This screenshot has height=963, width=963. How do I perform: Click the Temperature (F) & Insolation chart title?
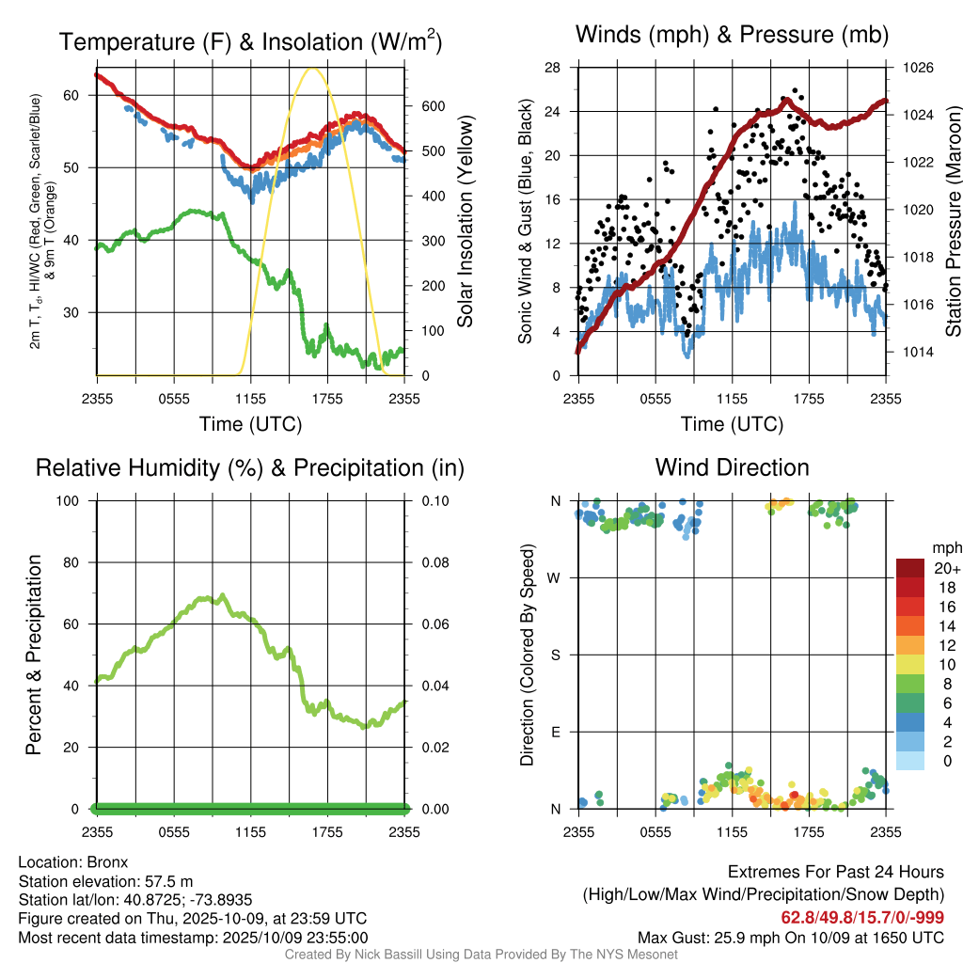pos(250,41)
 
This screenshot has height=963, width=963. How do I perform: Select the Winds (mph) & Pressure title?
pos(732,35)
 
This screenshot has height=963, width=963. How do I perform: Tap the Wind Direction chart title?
pos(732,466)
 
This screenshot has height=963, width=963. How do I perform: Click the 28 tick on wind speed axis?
pos(553,68)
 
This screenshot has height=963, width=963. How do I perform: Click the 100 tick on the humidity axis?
pos(75,500)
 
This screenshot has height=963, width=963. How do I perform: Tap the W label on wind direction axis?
pos(556,577)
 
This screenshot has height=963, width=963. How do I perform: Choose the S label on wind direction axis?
pos(556,655)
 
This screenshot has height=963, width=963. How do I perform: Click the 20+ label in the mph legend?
pos(947,568)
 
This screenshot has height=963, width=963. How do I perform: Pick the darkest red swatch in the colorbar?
pos(910,568)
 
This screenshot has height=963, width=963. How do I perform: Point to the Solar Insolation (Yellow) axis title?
pos(465,222)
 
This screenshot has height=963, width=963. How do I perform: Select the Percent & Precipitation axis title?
pos(33,655)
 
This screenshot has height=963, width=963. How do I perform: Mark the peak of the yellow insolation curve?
pos(313,68)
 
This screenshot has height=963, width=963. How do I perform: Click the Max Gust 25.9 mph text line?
pos(791,937)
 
